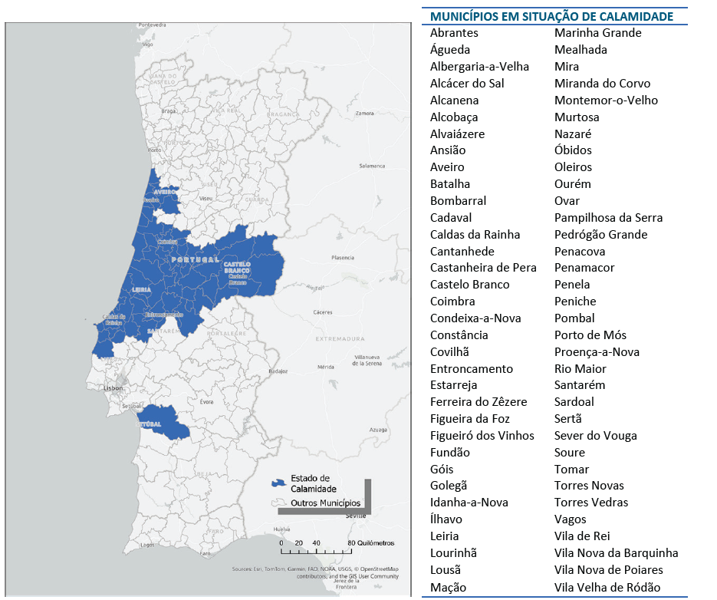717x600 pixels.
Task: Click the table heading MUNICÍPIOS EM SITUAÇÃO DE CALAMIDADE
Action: tap(551, 16)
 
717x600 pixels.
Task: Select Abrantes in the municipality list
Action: tap(454, 33)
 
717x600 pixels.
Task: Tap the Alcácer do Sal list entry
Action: tap(467, 84)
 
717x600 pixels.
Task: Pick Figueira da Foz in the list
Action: tap(469, 419)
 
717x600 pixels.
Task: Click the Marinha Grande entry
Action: tap(597, 33)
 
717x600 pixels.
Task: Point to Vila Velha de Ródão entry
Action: tap(607, 588)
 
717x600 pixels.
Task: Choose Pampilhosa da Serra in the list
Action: tap(608, 218)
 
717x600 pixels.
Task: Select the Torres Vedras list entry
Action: tap(590, 503)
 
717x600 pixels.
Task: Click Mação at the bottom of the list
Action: tap(448, 588)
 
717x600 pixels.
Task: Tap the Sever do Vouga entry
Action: tap(595, 436)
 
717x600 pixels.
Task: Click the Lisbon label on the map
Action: tap(113, 388)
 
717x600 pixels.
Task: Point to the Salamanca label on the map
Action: tap(372, 166)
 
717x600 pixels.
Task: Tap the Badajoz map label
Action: tap(277, 371)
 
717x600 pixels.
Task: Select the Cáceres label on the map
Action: tap(323, 312)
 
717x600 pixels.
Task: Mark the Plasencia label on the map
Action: tap(343, 258)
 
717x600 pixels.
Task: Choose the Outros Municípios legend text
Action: tap(325, 503)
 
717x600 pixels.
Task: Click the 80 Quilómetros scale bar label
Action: tap(371, 543)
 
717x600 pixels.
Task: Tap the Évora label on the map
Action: tap(206, 401)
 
